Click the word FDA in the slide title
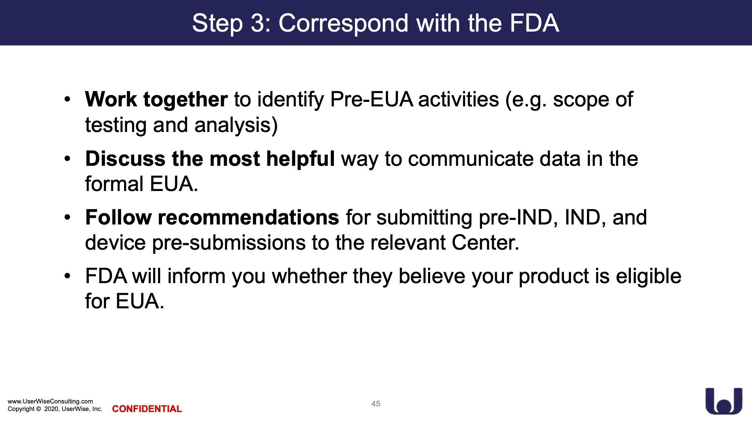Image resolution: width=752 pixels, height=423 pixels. pos(534,23)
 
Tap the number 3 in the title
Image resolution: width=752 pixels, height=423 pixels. pos(258,23)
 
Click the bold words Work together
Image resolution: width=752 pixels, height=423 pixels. pos(156,100)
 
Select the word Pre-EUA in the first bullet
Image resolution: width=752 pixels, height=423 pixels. pos(371,100)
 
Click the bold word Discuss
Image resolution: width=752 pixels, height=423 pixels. pos(125,158)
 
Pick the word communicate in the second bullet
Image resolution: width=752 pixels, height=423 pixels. pos(470,159)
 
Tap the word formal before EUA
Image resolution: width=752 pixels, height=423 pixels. pos(114,184)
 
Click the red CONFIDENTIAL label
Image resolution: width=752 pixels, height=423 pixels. pos(147,409)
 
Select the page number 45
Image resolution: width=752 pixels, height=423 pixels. pos(376,404)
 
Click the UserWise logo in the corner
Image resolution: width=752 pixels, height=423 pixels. pos(724,401)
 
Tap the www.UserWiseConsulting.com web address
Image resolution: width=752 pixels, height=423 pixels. pos(50,402)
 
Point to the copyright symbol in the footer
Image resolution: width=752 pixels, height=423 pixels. pos(38,409)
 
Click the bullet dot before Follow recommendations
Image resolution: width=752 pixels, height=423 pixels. pos(67,218)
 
